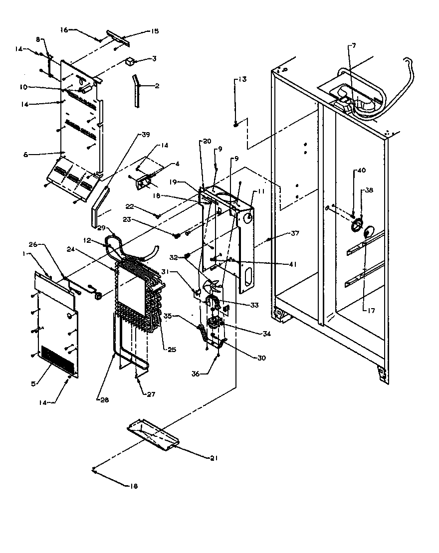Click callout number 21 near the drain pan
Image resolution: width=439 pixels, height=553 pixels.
click(x=214, y=457)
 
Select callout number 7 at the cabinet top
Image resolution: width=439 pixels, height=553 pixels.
click(x=354, y=46)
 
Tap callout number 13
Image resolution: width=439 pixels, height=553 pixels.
click(x=242, y=79)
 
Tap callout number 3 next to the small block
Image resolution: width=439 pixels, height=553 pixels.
click(x=154, y=59)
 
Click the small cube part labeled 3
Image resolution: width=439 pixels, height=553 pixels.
click(x=130, y=62)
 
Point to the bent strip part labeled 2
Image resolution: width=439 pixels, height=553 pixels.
click(x=136, y=90)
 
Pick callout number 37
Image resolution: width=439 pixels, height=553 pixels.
click(x=295, y=233)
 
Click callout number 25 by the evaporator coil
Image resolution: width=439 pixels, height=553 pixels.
click(x=172, y=350)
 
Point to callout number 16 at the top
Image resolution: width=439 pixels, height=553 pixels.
click(x=64, y=30)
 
